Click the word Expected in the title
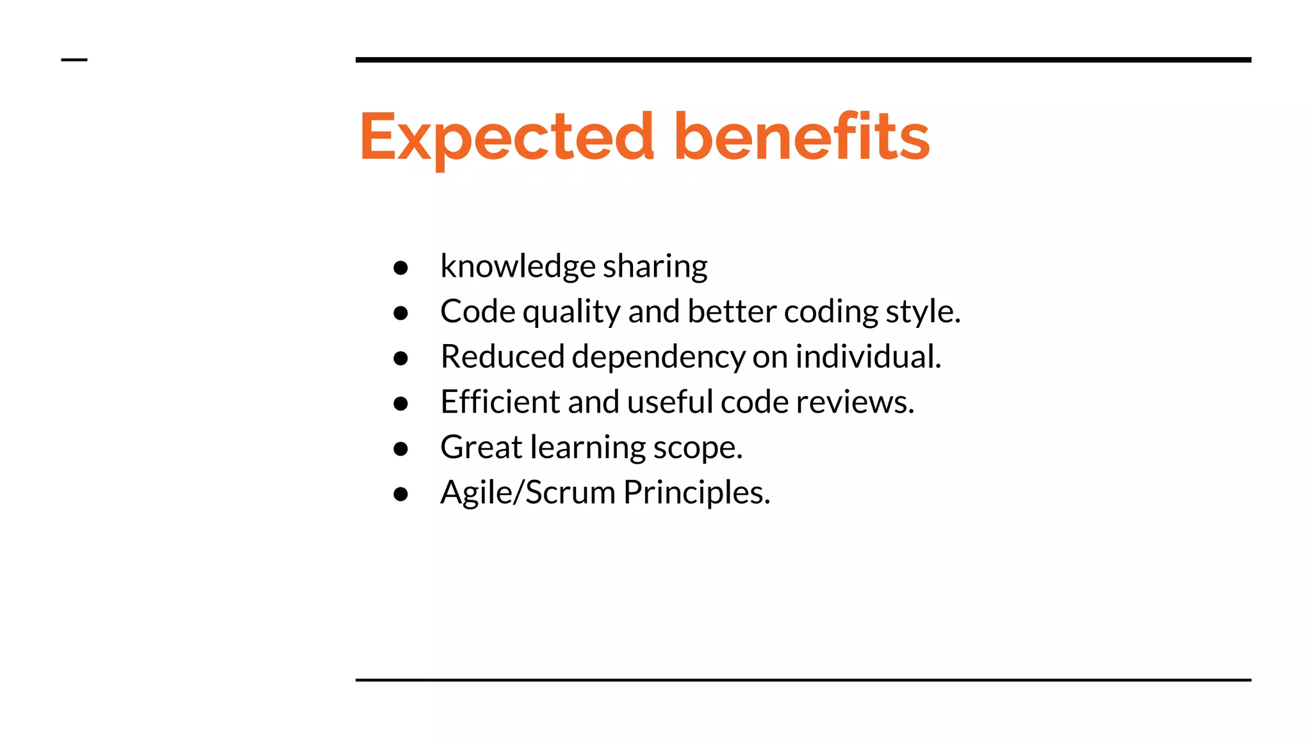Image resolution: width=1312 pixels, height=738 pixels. [x=507, y=137]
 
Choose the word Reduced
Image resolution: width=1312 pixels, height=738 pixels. [x=502, y=357]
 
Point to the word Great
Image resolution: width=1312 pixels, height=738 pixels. [x=481, y=447]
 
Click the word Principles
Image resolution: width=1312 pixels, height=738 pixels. [x=696, y=493]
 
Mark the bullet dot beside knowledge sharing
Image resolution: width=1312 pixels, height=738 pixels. [x=401, y=268]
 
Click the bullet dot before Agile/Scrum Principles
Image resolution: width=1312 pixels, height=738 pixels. [x=401, y=494]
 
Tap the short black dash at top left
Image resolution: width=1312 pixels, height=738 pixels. [x=74, y=60]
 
